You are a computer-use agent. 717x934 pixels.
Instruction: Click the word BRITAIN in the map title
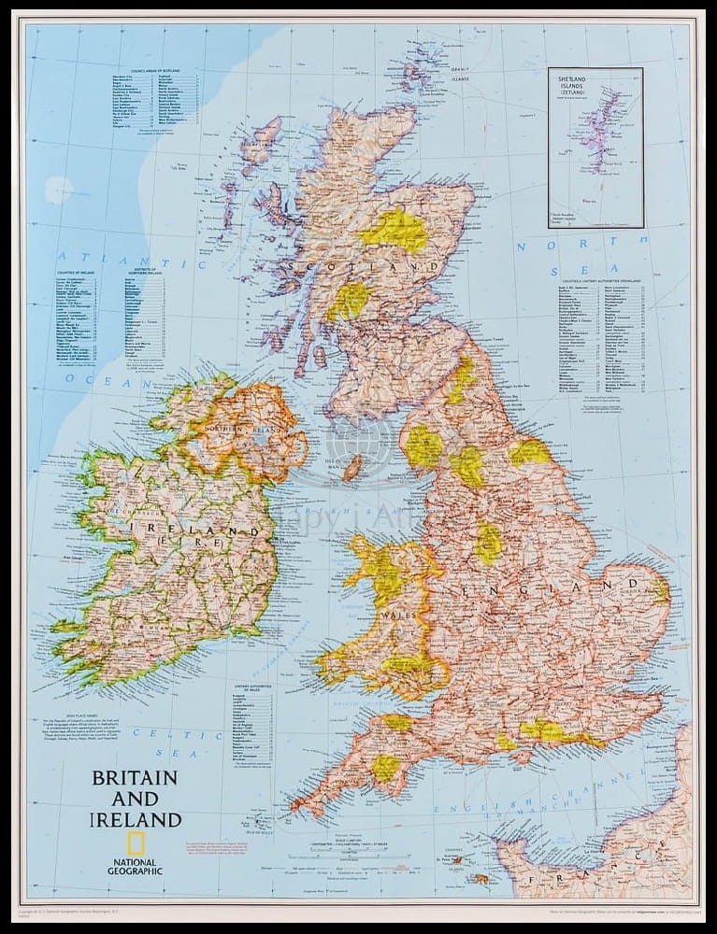coord(134,777)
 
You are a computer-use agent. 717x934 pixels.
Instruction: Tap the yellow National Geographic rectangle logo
coord(135,842)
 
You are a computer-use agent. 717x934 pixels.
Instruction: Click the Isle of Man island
coord(353,467)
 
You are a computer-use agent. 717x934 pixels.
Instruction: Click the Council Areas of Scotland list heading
coord(155,71)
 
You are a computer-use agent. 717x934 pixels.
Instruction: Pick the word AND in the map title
coord(135,799)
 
